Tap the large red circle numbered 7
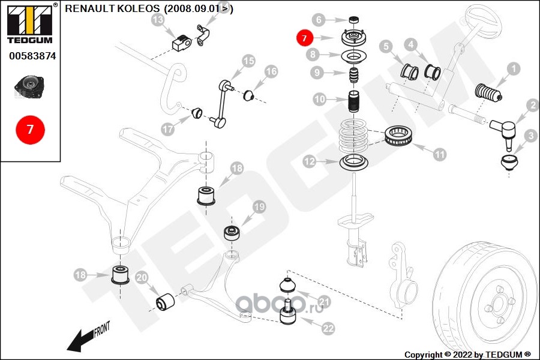point(30,129)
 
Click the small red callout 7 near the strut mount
point(304,38)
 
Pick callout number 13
point(158,21)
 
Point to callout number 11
point(440,154)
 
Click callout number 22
point(328,328)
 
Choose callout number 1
point(514,70)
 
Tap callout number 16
point(271,71)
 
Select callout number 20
point(142,278)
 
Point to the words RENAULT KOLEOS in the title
point(112,8)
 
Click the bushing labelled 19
point(231,232)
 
